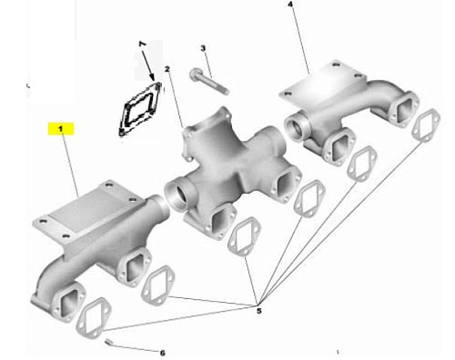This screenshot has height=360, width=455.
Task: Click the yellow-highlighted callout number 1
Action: click(61, 129)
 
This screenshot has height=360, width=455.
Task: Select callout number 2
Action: click(167, 69)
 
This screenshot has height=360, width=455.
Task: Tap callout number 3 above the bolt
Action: click(203, 48)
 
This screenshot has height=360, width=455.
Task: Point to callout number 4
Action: click(290, 5)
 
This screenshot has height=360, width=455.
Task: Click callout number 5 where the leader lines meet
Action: click(258, 311)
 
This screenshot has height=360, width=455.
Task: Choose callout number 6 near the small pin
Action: click(162, 353)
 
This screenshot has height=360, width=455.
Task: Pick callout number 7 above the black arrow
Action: click(142, 45)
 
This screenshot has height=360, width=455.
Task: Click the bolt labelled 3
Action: click(208, 82)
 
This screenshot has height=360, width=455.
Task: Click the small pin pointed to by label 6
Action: click(108, 343)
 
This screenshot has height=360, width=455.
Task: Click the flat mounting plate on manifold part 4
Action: click(321, 83)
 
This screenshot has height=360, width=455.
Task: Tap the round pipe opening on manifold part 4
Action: click(297, 127)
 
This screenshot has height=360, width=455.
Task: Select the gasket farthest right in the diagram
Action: click(426, 125)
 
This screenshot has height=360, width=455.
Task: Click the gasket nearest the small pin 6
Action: click(94, 318)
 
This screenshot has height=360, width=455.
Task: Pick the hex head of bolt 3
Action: click(195, 74)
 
